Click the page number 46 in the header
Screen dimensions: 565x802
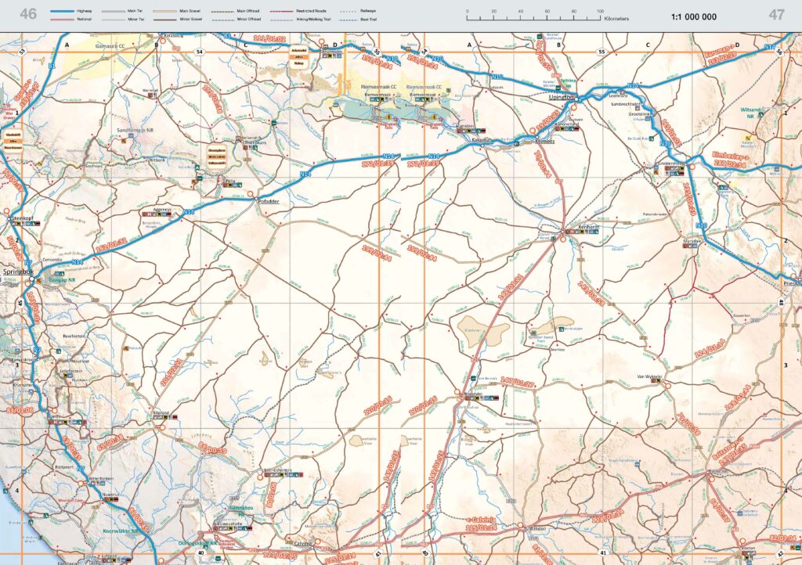(x=28, y=14)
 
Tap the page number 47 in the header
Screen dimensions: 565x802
(x=776, y=14)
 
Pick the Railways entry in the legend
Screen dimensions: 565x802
(x=381, y=11)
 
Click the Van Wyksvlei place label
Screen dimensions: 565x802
(x=649, y=377)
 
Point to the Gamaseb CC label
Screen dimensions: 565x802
(x=109, y=46)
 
